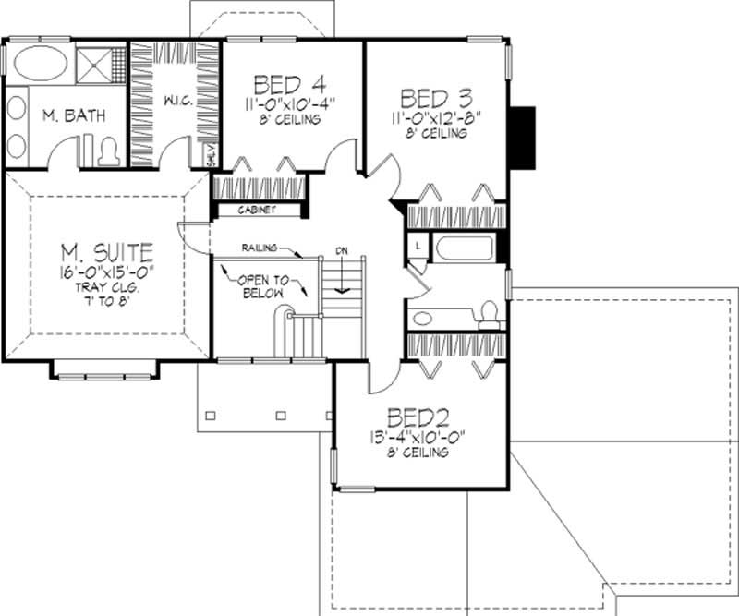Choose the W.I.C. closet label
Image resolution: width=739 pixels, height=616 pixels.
(x=178, y=101)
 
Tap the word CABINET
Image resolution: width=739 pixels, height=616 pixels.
(x=258, y=210)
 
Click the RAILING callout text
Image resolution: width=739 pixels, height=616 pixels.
(x=261, y=248)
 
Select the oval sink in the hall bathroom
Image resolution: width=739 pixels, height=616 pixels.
(x=422, y=319)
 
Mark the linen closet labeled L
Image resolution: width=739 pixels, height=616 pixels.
(x=417, y=246)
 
